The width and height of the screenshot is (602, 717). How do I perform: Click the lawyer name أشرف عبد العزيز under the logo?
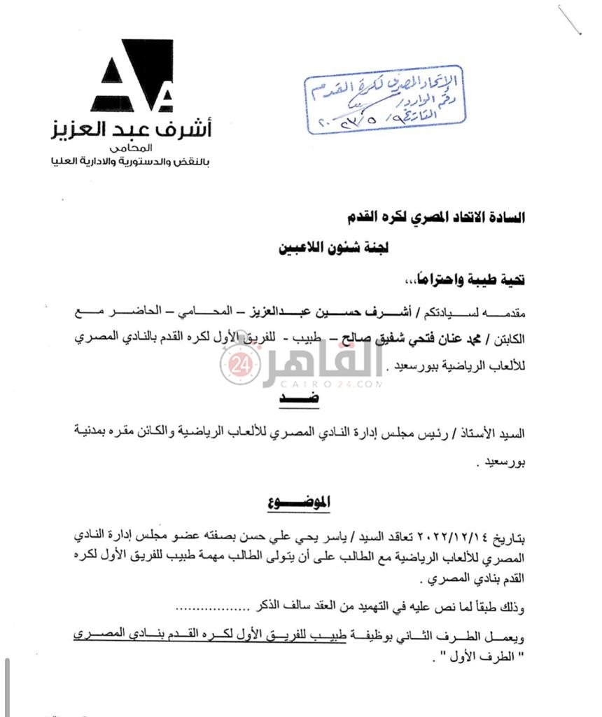pyautogui.click(x=132, y=130)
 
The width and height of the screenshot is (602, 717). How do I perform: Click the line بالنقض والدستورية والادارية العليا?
pyautogui.click(x=132, y=162)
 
